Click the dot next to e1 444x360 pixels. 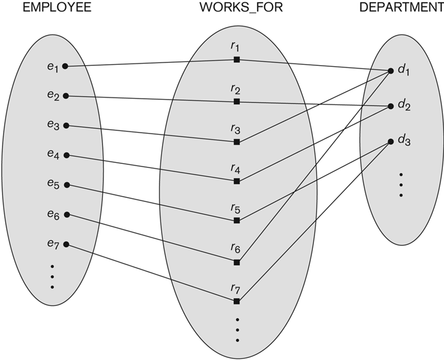point(65,66)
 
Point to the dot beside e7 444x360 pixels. point(66,244)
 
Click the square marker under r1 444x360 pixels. point(236,60)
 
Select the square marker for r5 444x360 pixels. point(236,221)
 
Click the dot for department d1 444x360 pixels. point(392,71)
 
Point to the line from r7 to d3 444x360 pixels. point(316,220)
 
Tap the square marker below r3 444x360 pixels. point(236,142)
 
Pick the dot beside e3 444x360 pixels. point(66,125)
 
